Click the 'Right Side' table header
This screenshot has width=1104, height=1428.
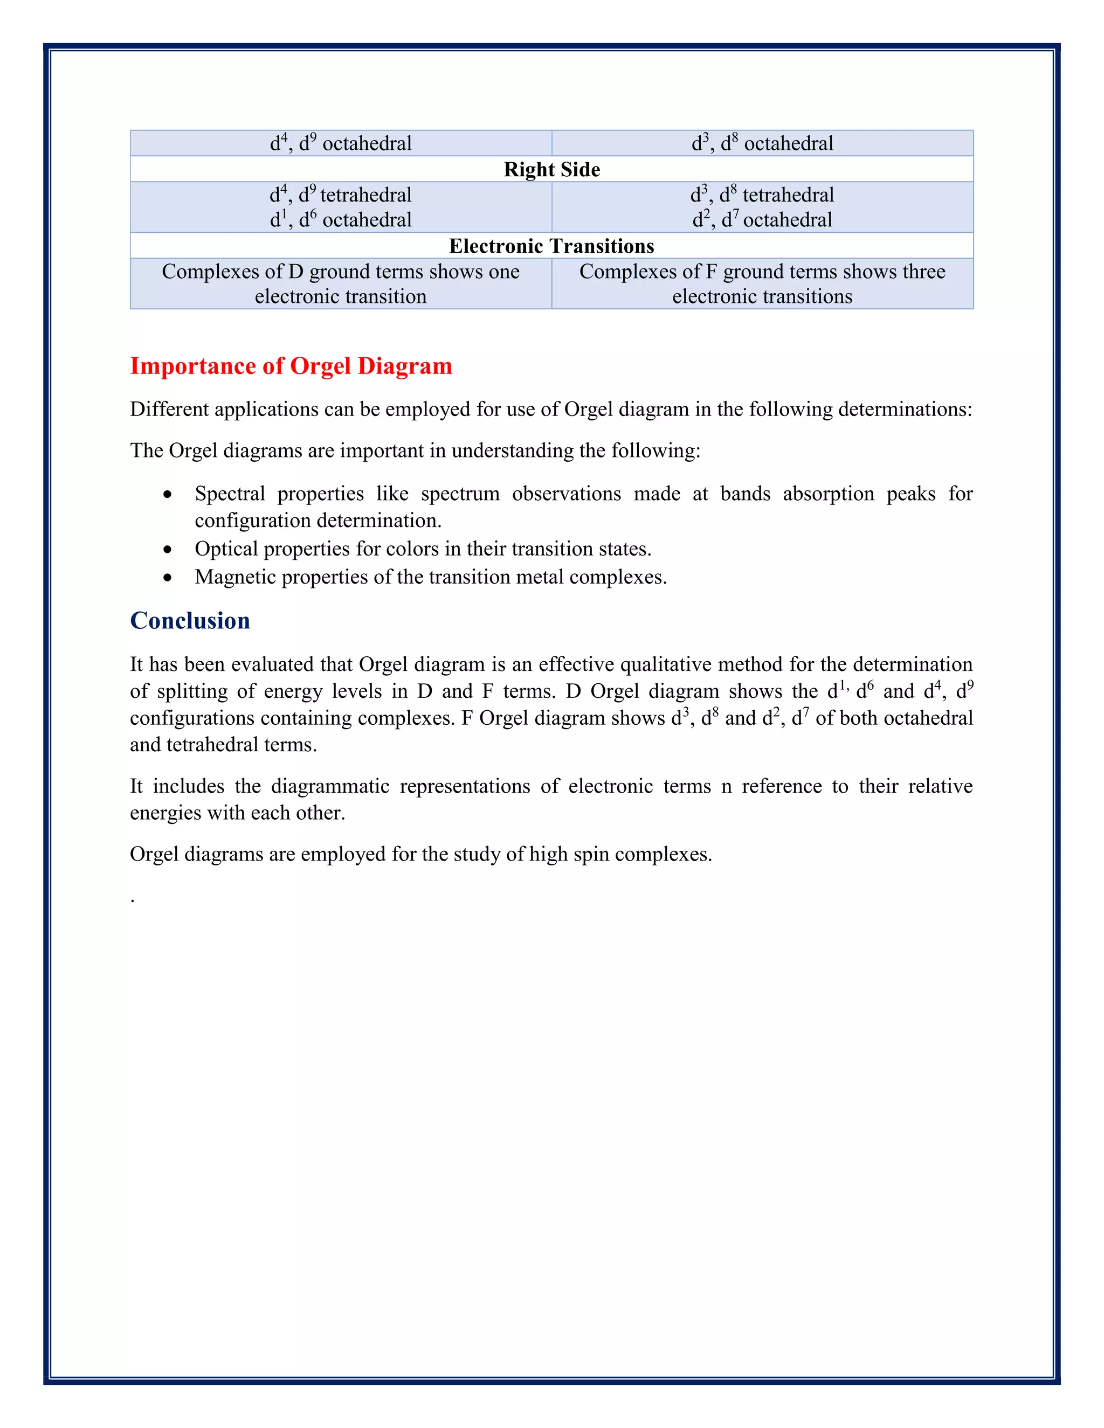click(x=551, y=169)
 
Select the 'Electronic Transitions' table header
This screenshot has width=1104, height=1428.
click(x=551, y=246)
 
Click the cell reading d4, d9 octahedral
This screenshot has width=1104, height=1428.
click(x=341, y=143)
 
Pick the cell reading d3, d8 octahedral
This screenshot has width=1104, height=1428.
click(x=762, y=143)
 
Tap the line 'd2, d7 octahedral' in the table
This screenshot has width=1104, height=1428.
click(x=762, y=220)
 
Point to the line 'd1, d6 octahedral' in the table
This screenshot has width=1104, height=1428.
click(x=341, y=220)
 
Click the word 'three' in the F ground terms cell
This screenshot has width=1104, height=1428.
click(x=923, y=272)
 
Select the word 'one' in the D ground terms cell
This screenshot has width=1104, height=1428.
click(x=502, y=272)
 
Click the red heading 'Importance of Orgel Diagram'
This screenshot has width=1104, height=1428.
click(x=291, y=365)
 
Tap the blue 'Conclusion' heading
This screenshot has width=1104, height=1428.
click(x=190, y=620)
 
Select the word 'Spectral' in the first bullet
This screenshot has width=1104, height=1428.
click(x=230, y=494)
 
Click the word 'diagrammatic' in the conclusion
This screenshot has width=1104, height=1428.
click(x=330, y=786)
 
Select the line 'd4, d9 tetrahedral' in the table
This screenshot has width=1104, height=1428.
click(x=341, y=195)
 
